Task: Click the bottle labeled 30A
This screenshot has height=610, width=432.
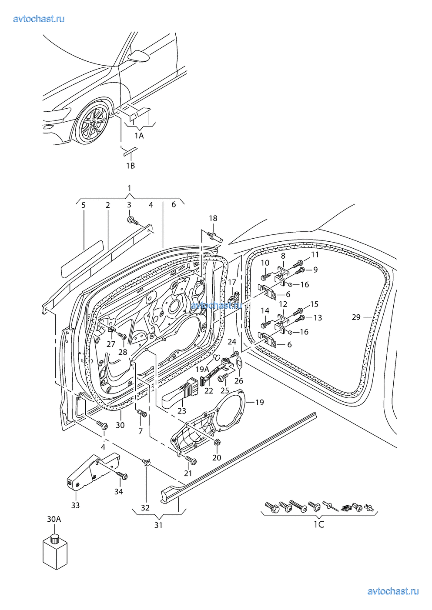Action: pyautogui.click(x=55, y=551)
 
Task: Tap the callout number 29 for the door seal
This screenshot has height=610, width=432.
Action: pyautogui.click(x=356, y=317)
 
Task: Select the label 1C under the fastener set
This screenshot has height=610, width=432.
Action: pyautogui.click(x=319, y=524)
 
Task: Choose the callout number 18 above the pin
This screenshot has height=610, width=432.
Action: pyautogui.click(x=213, y=218)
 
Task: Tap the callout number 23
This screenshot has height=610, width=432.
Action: pyautogui.click(x=182, y=411)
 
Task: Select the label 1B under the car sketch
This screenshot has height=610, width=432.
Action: pyautogui.click(x=130, y=166)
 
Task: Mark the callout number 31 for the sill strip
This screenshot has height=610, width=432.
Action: pyautogui.click(x=158, y=525)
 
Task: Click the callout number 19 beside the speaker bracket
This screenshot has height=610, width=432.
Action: pyautogui.click(x=259, y=403)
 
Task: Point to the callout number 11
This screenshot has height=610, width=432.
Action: pyautogui.click(x=315, y=255)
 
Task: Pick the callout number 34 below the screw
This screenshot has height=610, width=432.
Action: pyautogui.click(x=118, y=492)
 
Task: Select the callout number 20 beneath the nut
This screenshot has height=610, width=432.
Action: pyautogui.click(x=217, y=457)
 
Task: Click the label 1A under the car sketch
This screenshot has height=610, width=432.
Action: pyautogui.click(x=139, y=136)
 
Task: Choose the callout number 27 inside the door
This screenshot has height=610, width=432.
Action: pyautogui.click(x=111, y=344)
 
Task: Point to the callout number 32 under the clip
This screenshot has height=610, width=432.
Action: pyautogui.click(x=145, y=508)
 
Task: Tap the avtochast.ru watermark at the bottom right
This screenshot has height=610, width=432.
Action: pyautogui.click(x=393, y=591)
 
